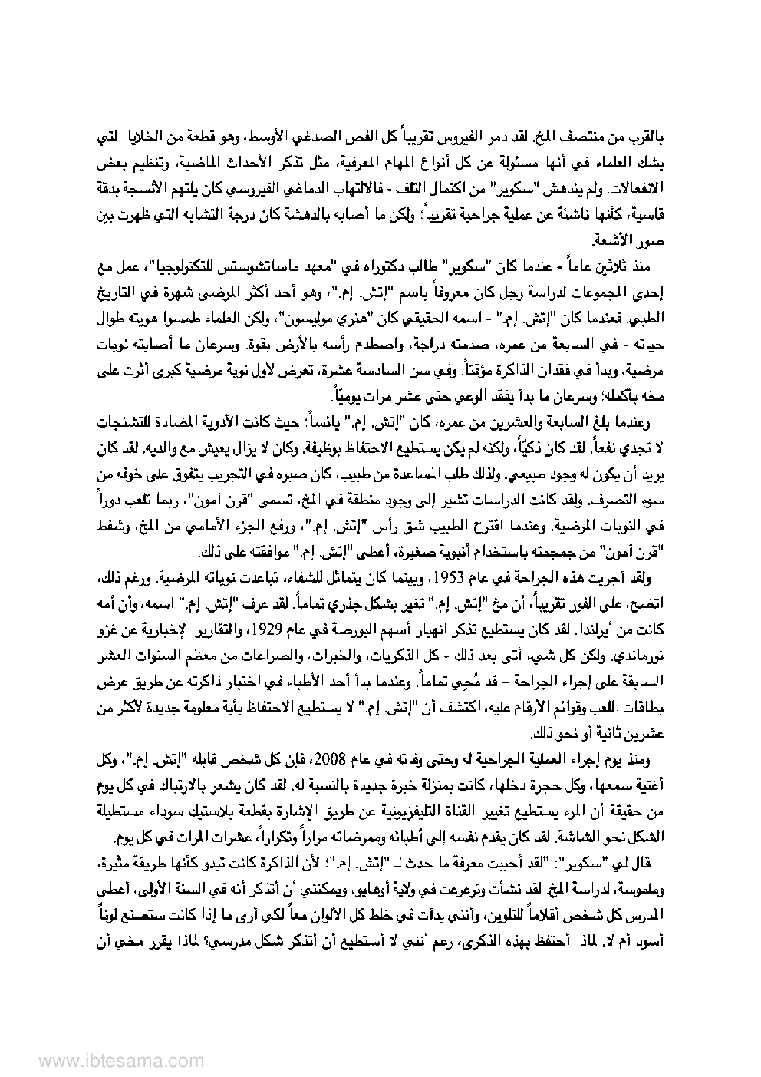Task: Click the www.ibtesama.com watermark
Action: tap(81, 1060)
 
